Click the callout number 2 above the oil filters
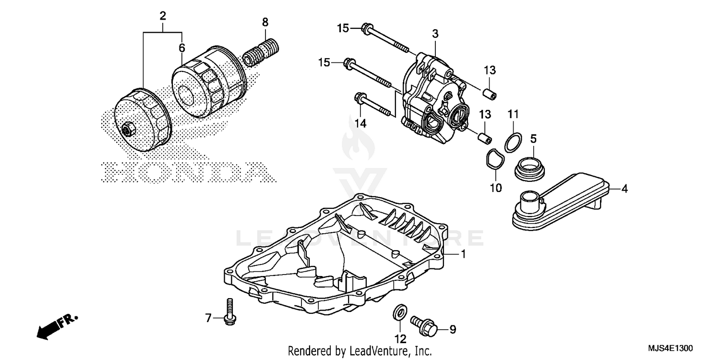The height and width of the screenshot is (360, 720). [163, 16]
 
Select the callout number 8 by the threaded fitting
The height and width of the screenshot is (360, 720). [265, 22]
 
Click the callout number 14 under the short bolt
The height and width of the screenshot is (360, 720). [360, 123]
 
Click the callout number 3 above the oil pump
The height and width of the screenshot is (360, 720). [435, 34]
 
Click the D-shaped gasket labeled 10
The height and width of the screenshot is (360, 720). [492, 160]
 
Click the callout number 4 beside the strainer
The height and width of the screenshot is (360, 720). [624, 189]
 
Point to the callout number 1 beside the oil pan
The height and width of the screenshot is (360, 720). [463, 254]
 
